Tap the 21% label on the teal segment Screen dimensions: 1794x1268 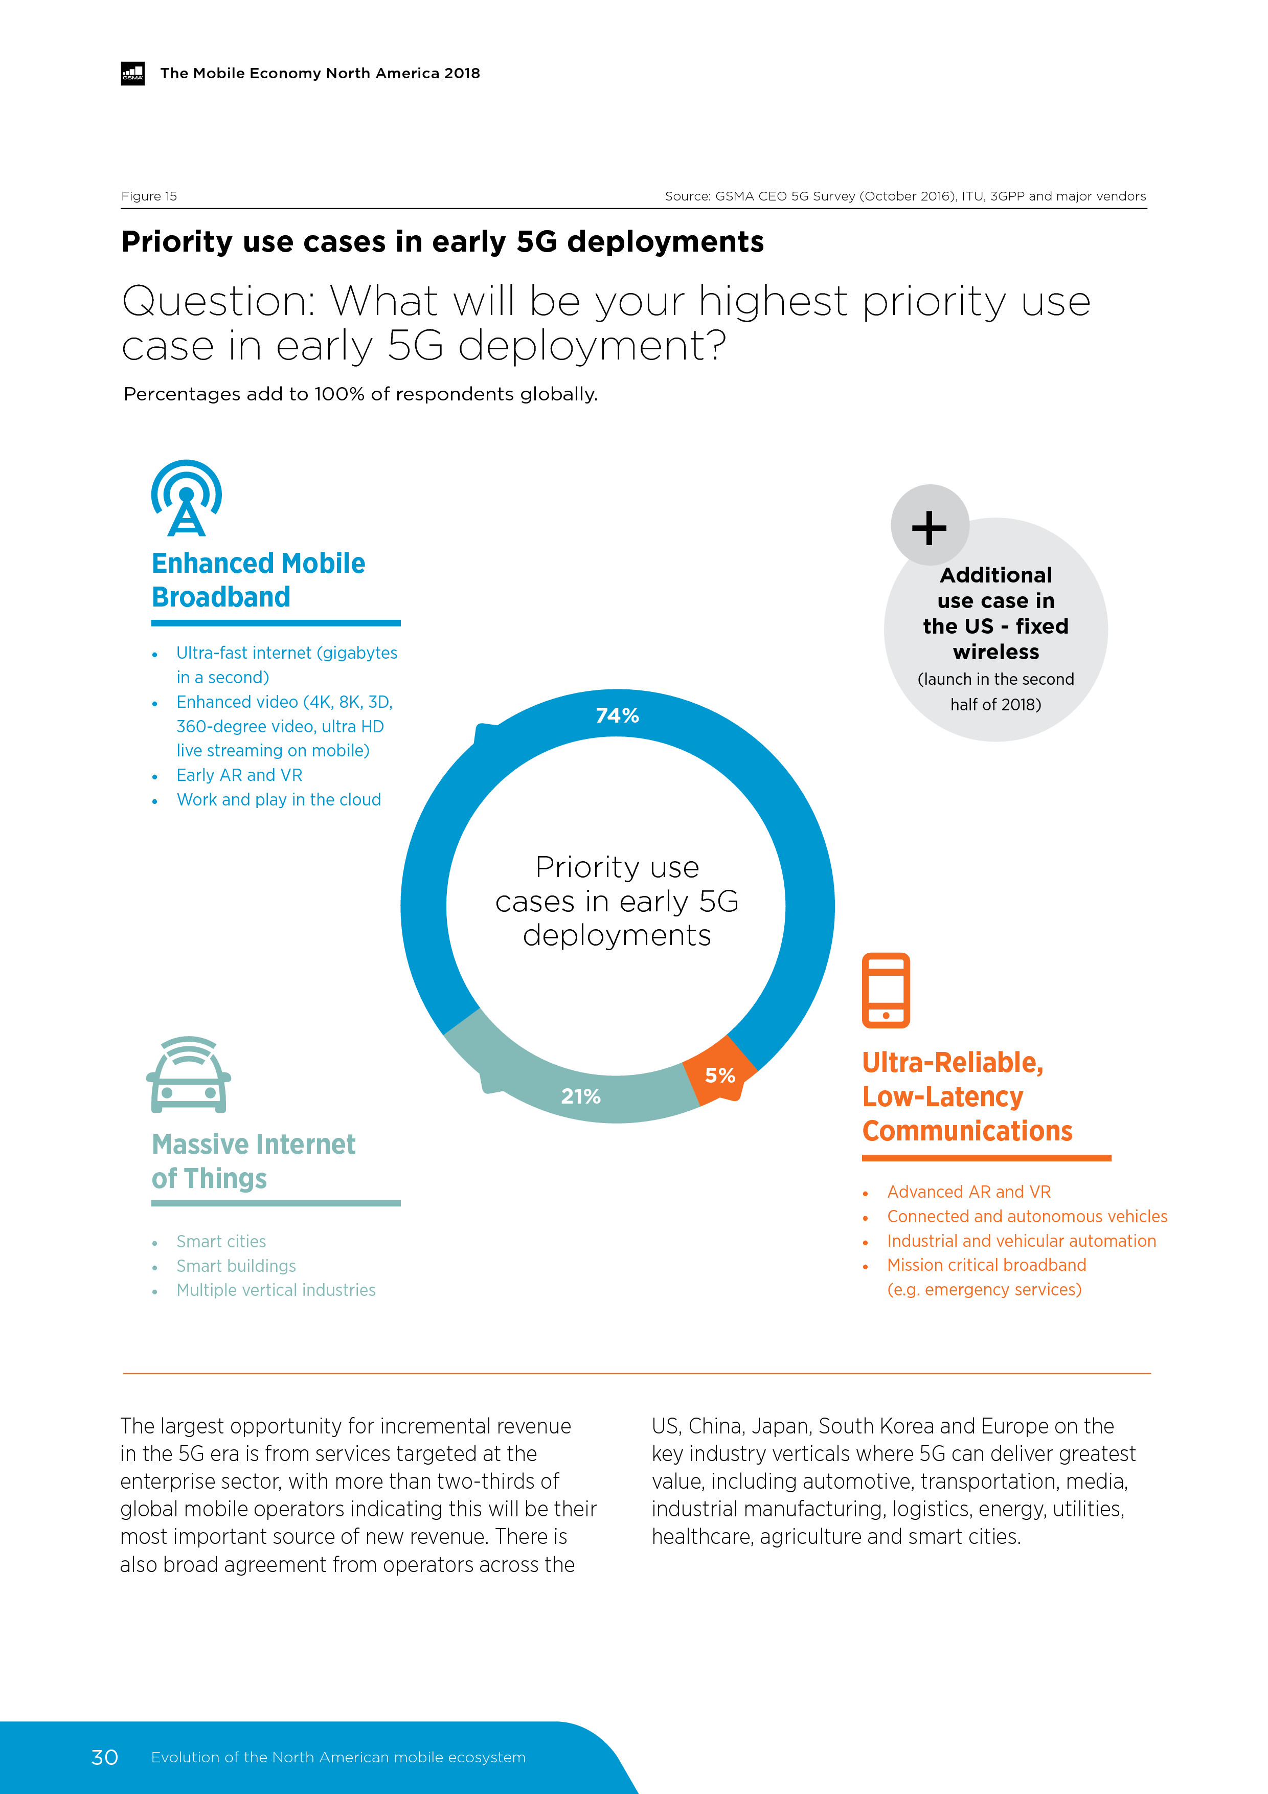coord(580,1096)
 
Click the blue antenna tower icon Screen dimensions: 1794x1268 coord(186,499)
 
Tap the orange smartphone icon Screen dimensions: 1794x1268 coord(886,990)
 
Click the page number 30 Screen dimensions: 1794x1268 coord(105,1757)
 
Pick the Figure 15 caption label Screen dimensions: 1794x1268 coord(149,196)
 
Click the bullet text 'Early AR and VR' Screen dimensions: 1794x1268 coord(239,775)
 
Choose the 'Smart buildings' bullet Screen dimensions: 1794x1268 coord(236,1266)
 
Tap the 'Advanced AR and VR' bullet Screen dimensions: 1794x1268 coord(969,1192)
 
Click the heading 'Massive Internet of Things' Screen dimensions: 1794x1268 coord(253,1161)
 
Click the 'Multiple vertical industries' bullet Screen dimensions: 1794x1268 coord(276,1290)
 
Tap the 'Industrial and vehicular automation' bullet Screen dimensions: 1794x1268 coord(1021,1241)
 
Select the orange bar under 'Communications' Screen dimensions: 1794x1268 coord(986,1158)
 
